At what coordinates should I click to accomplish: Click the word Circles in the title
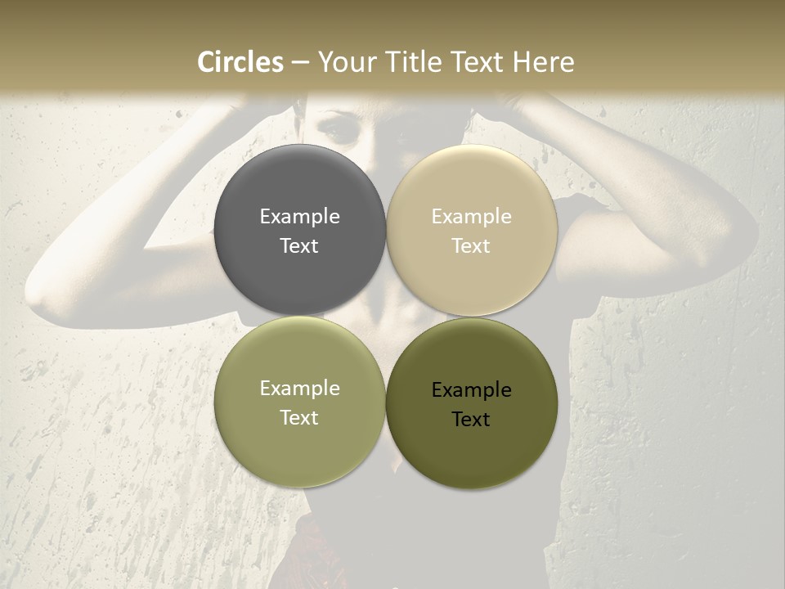pos(240,62)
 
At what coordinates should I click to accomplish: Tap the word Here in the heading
pos(542,62)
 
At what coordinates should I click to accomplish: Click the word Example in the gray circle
pos(299,217)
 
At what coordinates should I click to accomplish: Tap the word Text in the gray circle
pos(299,245)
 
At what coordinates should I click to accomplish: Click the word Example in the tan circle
pos(471,217)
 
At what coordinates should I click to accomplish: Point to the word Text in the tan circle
pos(471,245)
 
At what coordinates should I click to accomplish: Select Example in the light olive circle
pos(299,389)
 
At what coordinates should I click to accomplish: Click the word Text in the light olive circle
pos(299,417)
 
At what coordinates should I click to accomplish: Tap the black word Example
pos(471,390)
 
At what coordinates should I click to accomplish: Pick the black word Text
pos(471,419)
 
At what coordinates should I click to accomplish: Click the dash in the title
pos(299,63)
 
